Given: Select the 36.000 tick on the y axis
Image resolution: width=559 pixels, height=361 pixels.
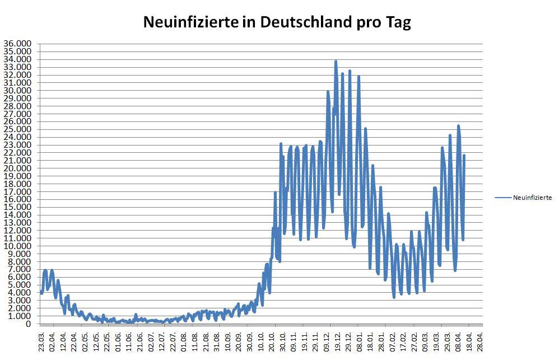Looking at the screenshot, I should pos(17,44).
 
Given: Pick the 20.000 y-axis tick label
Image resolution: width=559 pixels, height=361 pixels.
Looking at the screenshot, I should pos(17,168).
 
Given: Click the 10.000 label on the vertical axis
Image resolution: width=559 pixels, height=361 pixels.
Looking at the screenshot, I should pos(17,246).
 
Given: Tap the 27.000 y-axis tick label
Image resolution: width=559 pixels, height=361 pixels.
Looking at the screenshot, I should pos(17,114).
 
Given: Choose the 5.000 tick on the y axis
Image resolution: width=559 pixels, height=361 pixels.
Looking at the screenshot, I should pos(20,285).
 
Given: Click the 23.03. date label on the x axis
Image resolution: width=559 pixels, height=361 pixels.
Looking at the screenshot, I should pos(41,340).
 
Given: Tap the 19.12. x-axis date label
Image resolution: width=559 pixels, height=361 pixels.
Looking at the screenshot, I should pos(338,340).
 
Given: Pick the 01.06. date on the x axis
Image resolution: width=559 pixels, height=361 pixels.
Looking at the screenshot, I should pos(118,340).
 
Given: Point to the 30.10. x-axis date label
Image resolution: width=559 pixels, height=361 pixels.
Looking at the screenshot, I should pos(283,340).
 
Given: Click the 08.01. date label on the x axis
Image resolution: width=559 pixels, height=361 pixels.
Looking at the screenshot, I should pos(360,340).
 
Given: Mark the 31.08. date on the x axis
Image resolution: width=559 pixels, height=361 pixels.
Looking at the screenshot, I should pos(217,340).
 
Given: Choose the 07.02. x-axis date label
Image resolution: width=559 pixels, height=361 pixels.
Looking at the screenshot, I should pos(393,340).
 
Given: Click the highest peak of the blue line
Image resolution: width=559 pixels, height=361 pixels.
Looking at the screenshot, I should pos(336,61).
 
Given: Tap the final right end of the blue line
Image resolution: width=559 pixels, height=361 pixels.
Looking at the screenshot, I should pos(464,156).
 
